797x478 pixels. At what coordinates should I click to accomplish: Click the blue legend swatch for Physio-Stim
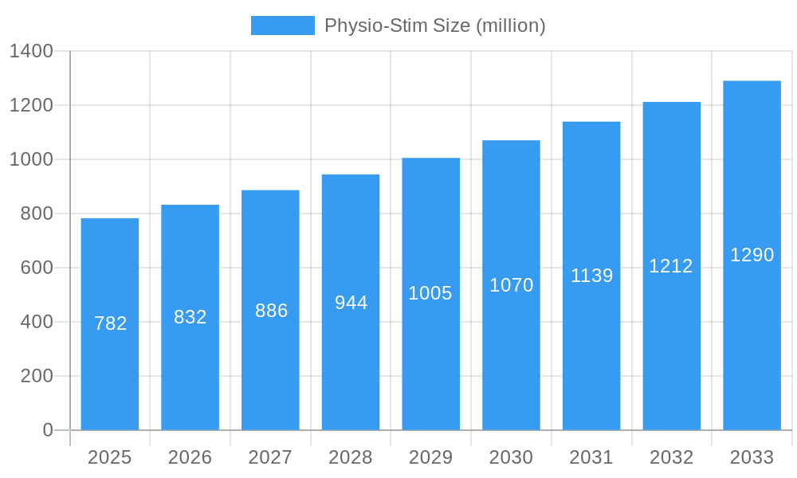click(282, 25)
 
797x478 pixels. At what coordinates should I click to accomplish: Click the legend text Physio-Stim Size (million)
click(434, 25)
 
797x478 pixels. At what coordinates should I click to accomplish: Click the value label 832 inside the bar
click(190, 317)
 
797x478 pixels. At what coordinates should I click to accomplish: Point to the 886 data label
click(271, 311)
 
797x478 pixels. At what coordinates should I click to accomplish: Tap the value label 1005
click(430, 293)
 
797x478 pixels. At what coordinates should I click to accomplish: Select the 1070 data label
click(511, 285)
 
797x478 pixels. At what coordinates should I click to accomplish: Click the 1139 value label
click(591, 276)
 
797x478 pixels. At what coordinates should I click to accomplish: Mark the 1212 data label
click(671, 266)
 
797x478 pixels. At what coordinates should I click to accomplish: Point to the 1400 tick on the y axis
click(31, 52)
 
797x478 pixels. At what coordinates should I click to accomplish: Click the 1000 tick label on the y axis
click(31, 159)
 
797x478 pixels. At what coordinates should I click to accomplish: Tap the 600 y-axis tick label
click(37, 268)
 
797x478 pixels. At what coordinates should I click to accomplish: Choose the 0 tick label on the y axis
click(48, 430)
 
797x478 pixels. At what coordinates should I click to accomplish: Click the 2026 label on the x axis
click(190, 457)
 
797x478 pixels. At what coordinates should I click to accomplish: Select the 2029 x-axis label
click(430, 457)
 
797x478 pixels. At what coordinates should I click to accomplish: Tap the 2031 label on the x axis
click(591, 457)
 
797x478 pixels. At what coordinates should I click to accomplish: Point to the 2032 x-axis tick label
click(671, 457)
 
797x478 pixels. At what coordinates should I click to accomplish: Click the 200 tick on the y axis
click(37, 376)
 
